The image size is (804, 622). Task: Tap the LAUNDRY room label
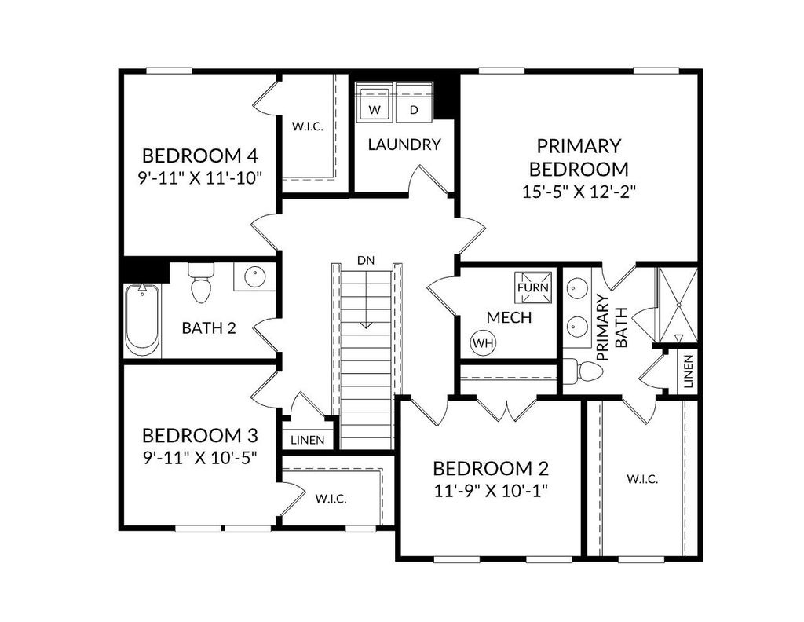coord(404,145)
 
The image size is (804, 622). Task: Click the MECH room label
coord(509,318)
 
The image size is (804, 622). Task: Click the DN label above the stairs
coord(365,260)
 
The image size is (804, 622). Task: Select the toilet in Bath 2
coord(202,284)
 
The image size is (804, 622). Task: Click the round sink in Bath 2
coord(254,277)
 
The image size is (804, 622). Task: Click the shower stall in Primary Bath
coord(676,306)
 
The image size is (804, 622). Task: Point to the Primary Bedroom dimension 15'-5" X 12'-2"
coord(579,191)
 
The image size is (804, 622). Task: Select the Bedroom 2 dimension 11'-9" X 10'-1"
coord(490,491)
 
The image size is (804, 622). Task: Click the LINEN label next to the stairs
coord(307,440)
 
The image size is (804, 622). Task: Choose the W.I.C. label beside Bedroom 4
coord(308,126)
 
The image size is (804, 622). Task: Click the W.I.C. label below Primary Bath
coord(641,478)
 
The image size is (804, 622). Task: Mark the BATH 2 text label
coord(209,327)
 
